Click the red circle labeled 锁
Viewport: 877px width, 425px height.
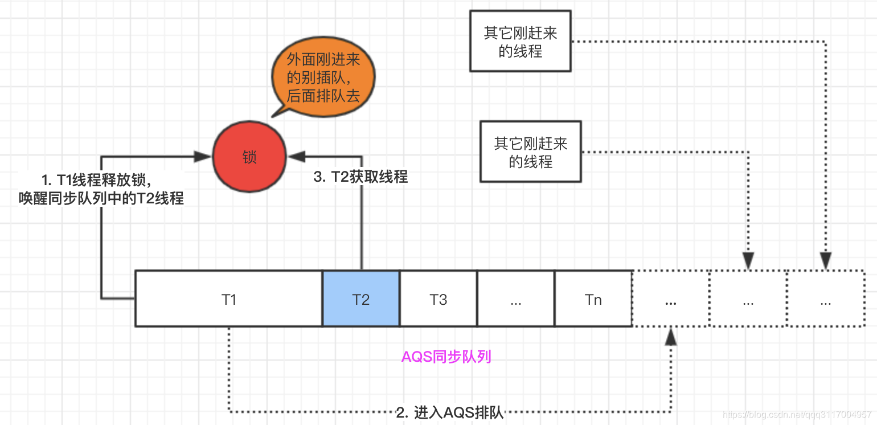point(249,157)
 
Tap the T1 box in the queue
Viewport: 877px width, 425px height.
point(229,299)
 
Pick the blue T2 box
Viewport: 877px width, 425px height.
point(361,299)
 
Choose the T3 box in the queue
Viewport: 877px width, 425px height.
point(438,299)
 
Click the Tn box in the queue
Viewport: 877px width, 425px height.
point(593,299)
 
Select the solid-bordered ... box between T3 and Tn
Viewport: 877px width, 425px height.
point(516,299)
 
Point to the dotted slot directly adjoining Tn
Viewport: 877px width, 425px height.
point(670,299)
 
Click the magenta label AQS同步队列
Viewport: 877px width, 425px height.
point(446,357)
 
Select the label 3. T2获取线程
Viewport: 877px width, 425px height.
point(360,177)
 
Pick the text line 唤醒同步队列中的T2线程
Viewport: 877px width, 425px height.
point(101,198)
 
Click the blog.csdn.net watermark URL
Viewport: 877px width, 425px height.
point(797,414)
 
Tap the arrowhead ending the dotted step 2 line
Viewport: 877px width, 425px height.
point(671,336)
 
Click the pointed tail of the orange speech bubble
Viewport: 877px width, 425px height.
point(276,113)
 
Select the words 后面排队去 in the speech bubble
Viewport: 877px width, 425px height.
point(323,95)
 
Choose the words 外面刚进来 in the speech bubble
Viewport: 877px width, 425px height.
point(323,60)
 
